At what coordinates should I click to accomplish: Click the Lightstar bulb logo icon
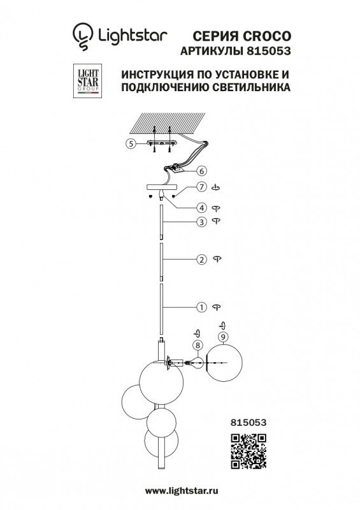83,36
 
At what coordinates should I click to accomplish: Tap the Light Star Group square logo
87,81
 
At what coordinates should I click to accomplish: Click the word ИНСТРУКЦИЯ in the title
157,75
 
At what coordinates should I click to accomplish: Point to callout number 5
131,143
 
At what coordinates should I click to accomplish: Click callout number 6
201,171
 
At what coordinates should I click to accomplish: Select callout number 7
201,187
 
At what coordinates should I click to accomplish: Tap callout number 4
201,208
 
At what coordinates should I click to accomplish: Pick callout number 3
201,222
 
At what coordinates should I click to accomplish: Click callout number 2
201,259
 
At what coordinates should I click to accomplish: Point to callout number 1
201,307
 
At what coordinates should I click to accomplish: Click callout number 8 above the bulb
198,345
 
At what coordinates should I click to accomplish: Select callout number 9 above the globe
223,337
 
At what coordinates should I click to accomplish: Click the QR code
248,451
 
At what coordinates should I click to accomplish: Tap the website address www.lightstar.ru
182,491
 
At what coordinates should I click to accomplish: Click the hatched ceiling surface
167,123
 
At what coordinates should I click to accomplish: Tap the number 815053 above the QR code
248,423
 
